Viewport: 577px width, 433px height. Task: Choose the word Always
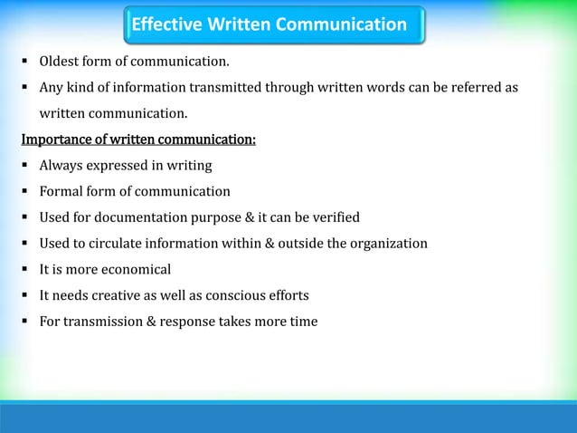[61, 166]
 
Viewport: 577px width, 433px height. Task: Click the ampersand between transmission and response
[151, 321]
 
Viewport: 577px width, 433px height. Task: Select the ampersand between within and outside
[281, 243]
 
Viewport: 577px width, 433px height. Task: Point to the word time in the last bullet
[303, 321]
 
